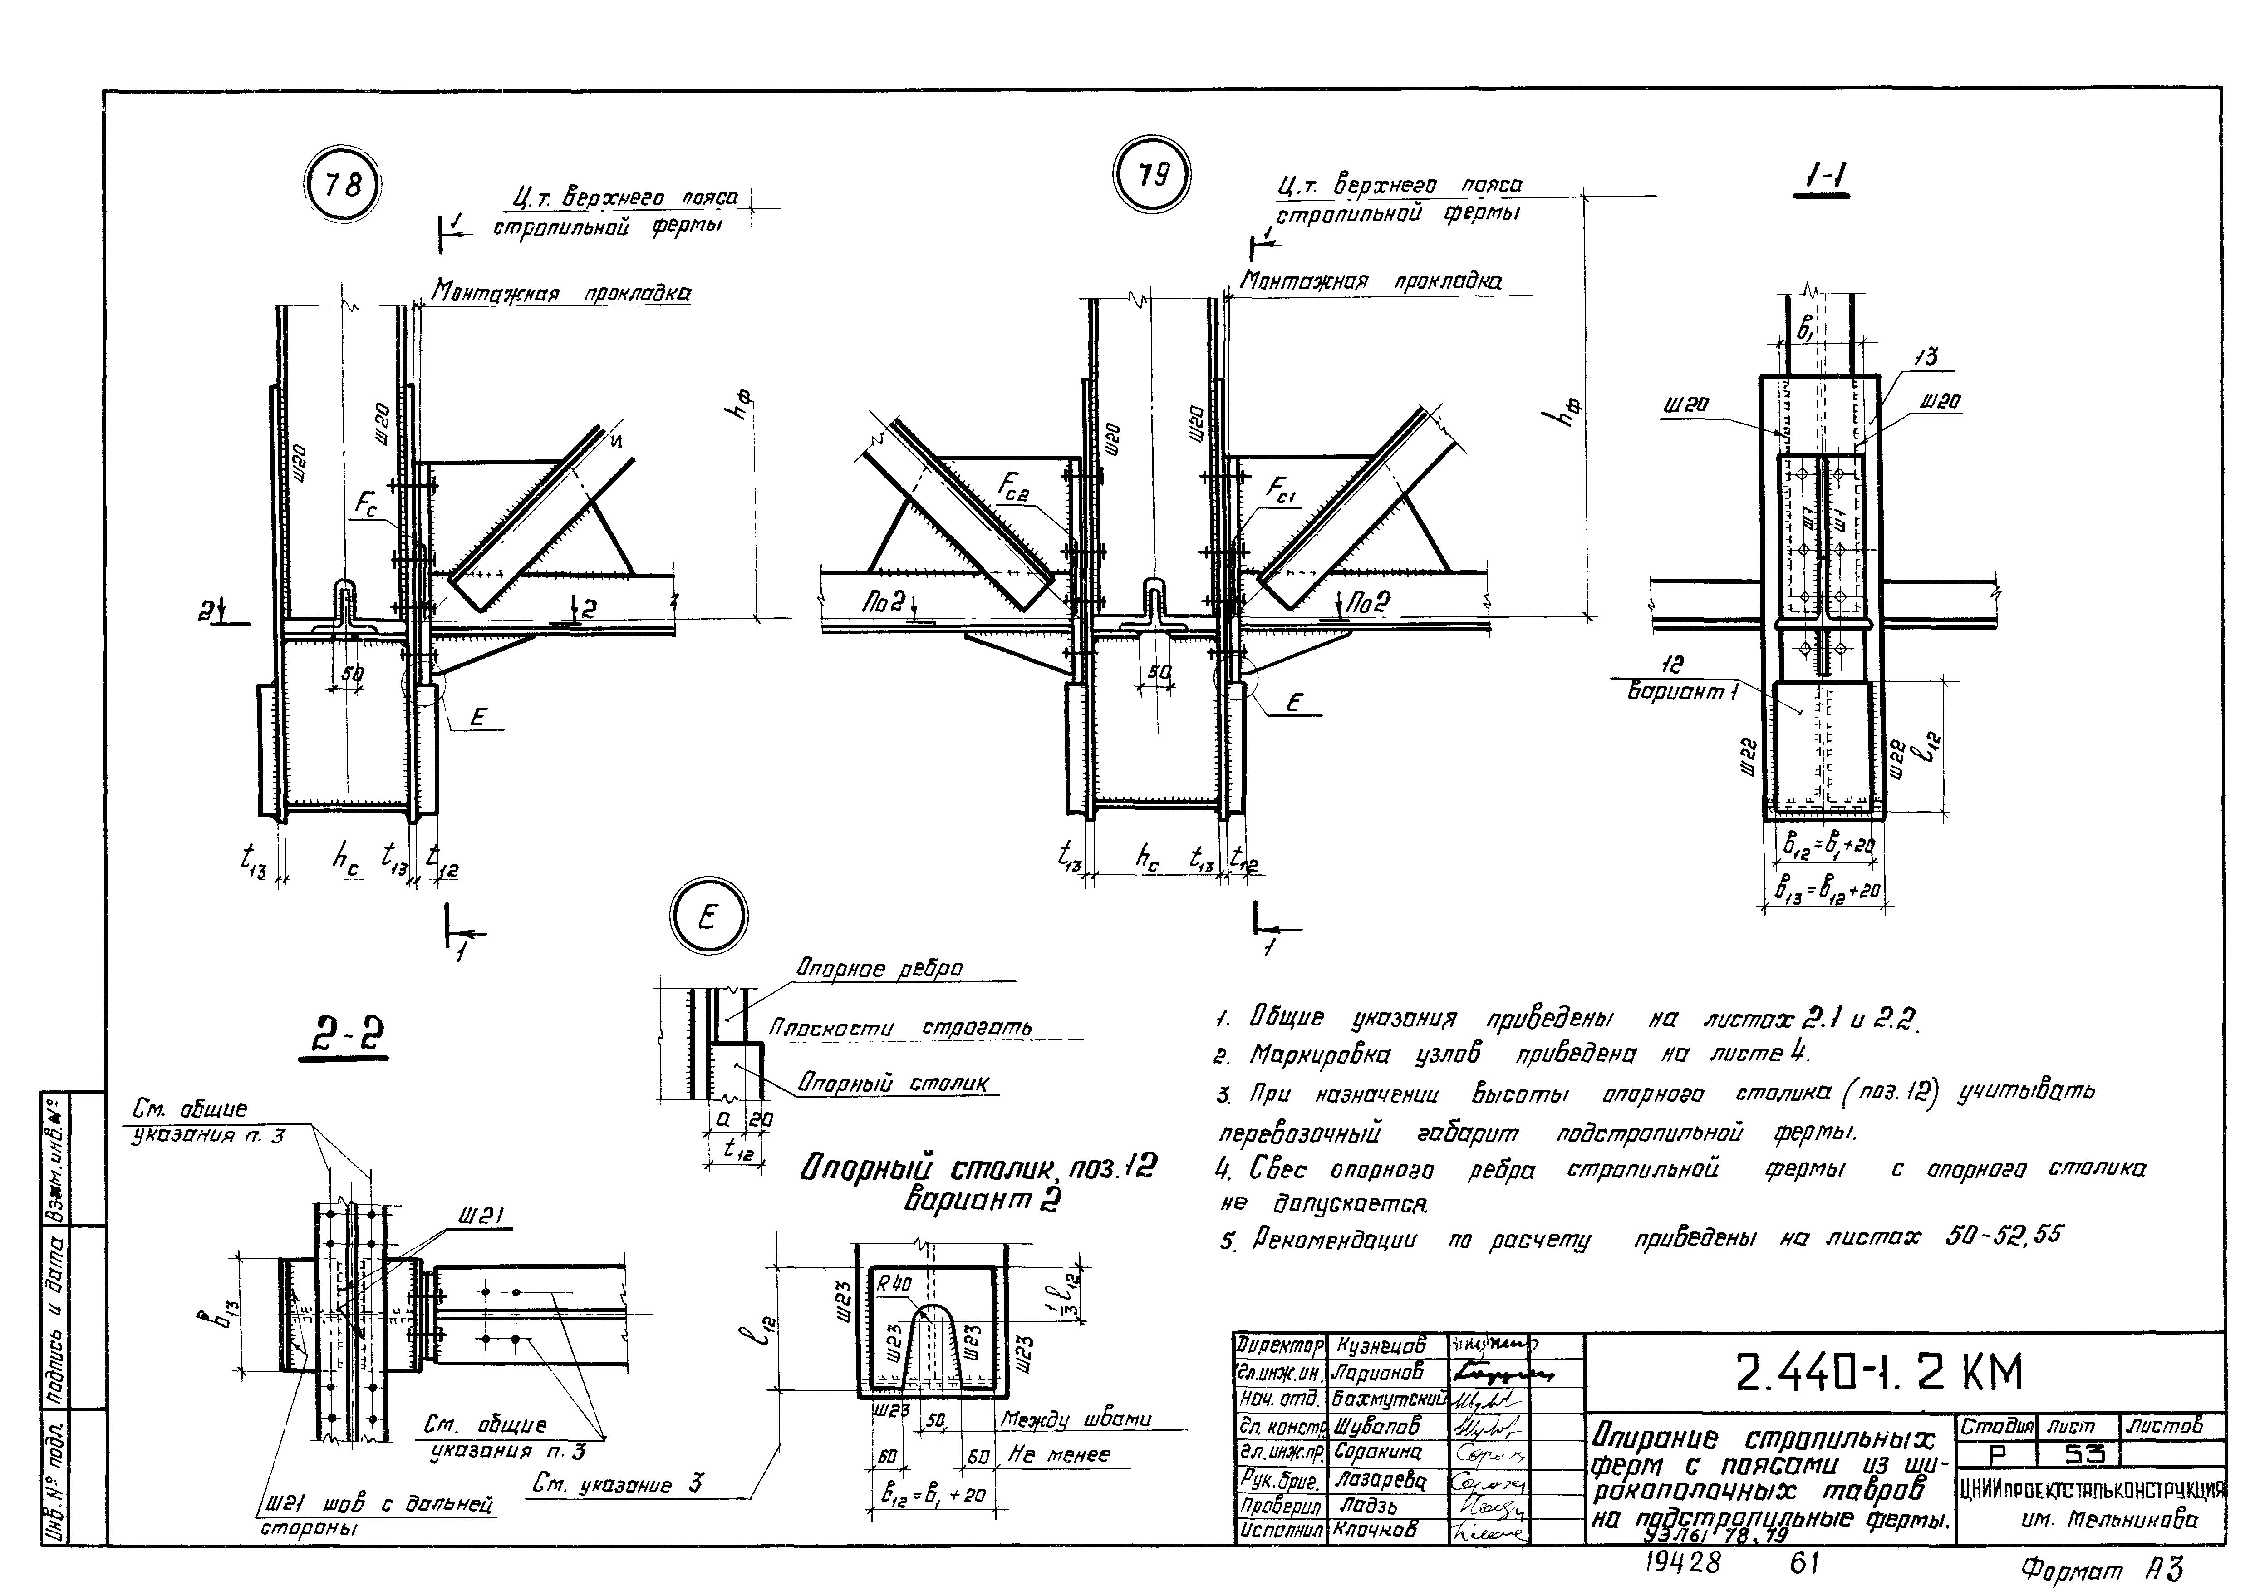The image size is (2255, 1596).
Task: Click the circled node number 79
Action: pos(1154,175)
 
